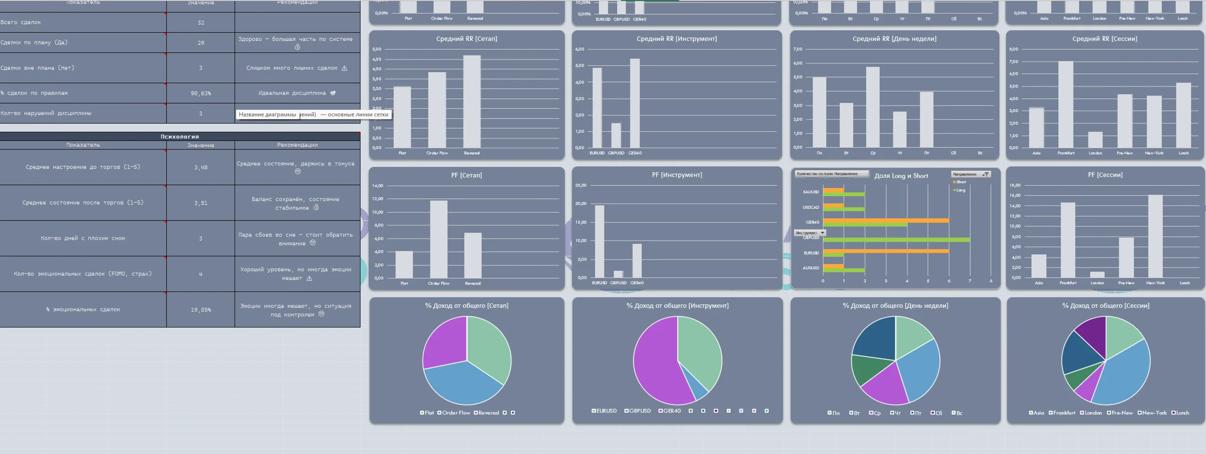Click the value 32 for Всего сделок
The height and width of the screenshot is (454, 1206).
tap(200, 23)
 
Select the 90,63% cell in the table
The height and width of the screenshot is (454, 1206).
tap(200, 93)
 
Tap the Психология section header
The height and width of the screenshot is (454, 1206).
tap(179, 137)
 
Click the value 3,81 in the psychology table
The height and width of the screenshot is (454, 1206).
tap(200, 203)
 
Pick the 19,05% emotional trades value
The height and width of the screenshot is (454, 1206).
tap(200, 310)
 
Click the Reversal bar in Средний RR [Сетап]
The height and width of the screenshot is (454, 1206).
tap(472, 101)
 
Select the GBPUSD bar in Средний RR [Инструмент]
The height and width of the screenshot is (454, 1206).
tap(616, 135)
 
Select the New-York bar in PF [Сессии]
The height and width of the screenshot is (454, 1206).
tap(1155, 236)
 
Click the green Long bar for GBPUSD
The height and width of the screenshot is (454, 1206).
tap(896, 240)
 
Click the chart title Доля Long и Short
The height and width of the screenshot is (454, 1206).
tap(901, 176)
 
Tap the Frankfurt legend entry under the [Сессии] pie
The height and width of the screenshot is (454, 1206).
tap(1064, 413)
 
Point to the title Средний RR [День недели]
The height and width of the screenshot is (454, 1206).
tap(894, 39)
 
